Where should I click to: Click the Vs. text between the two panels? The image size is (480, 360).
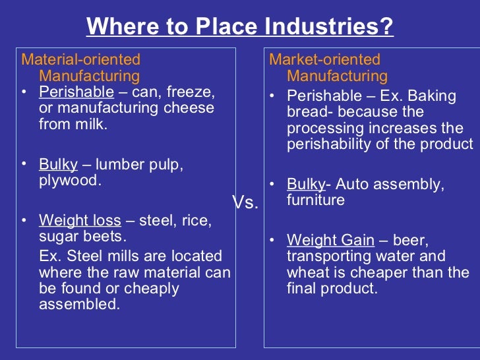pyautogui.click(x=245, y=203)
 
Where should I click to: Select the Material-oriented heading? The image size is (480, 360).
pyautogui.click(x=80, y=59)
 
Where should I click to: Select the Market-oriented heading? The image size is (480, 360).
pyautogui.click(x=324, y=59)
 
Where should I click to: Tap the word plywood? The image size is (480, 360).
pyautogui.click(x=71, y=180)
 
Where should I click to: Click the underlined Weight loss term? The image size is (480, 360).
pyautogui.click(x=80, y=220)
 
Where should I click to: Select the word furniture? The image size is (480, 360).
pyautogui.click(x=316, y=199)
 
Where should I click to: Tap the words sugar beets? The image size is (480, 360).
pyautogui.click(x=83, y=236)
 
